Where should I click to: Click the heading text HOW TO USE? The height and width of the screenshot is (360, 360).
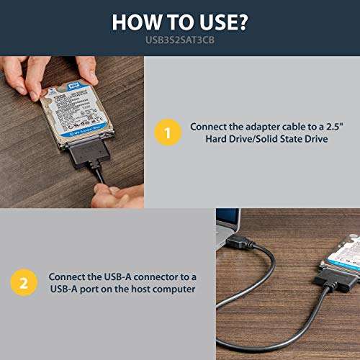[x=180, y=22]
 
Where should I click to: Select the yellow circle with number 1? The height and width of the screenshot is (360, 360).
[x=168, y=133]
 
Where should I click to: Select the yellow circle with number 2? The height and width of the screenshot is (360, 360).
[x=23, y=284]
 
